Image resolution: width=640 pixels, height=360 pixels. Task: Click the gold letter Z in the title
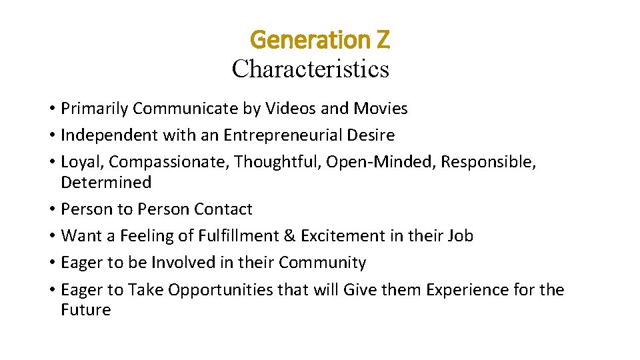point(382,41)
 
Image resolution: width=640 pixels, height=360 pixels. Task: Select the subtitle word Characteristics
point(311,68)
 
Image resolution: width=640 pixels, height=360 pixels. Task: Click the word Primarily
point(94,109)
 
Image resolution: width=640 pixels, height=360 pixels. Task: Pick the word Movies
point(381,109)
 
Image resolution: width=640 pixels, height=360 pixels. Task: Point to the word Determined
point(106,183)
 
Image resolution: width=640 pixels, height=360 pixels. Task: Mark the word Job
point(461,236)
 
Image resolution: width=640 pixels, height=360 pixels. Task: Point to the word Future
point(85,310)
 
